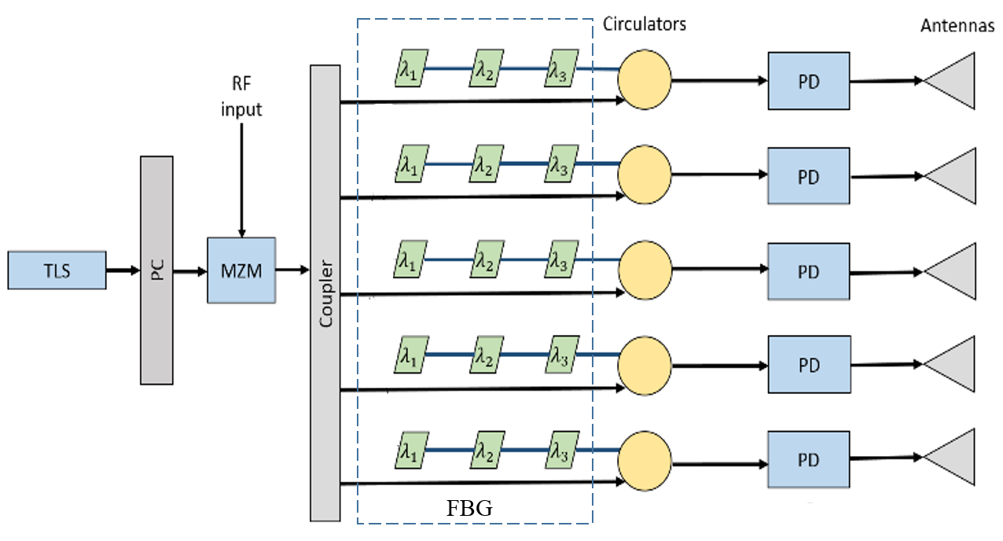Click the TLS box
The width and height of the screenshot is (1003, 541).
[x=57, y=270]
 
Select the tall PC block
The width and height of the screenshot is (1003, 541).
[x=156, y=270]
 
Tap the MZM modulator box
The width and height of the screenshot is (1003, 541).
[x=241, y=270]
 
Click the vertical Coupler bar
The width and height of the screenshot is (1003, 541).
[x=325, y=293]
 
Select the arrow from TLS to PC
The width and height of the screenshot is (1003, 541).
[x=123, y=270]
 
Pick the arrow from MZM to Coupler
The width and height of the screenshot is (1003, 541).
[x=292, y=270]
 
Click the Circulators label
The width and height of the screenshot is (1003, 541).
[x=644, y=24]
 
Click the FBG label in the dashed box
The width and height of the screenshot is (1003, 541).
[x=469, y=509]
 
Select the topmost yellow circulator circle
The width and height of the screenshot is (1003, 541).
[x=645, y=79]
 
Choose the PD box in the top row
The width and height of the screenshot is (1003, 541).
[x=808, y=81]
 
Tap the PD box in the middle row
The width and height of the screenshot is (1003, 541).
[x=808, y=272]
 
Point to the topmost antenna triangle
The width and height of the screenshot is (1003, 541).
[x=953, y=80]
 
